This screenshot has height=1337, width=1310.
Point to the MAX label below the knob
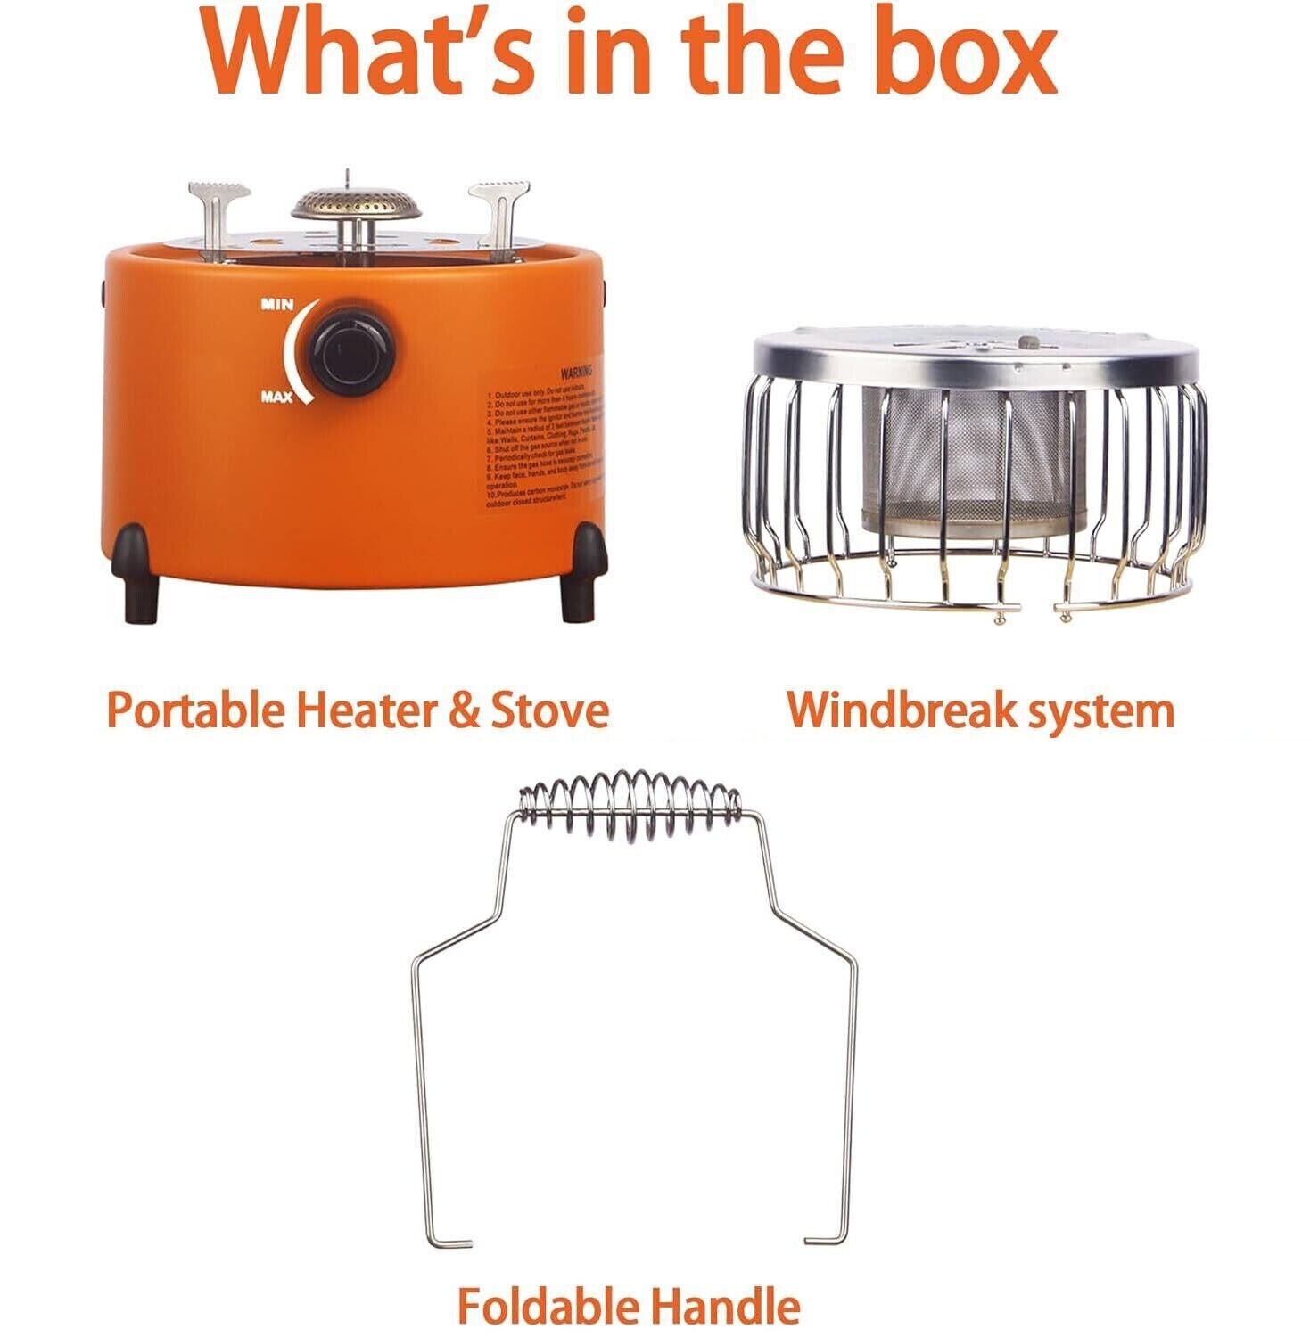[x=276, y=398]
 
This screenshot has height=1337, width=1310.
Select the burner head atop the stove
[x=357, y=204]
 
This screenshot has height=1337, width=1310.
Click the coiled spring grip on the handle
[x=630, y=804]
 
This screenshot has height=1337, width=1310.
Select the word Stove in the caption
[x=549, y=710]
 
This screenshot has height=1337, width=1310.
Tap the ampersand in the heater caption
[x=465, y=710]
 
